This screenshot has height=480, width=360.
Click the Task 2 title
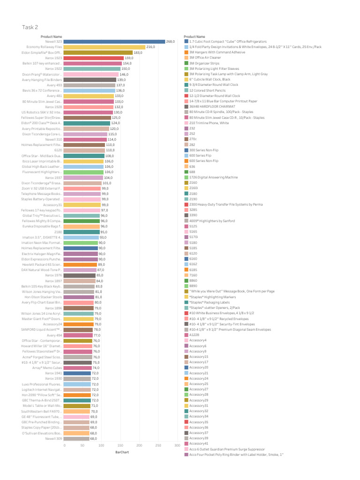click(30, 27)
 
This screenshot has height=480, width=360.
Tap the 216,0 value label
click(151, 47)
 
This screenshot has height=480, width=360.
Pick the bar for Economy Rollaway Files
click(104, 47)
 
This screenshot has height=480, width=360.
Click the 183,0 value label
click(138, 52)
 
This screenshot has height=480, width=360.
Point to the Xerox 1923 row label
click(53, 58)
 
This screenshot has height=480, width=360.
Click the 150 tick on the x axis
click(120, 445)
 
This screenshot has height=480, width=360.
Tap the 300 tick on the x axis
click(177, 445)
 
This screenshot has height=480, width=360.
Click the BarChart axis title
click(121, 452)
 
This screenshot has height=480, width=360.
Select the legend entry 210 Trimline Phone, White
click(209, 123)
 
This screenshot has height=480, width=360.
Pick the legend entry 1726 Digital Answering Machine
click(213, 177)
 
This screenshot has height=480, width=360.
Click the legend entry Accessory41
click(199, 443)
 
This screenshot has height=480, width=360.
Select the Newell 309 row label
click(53, 438)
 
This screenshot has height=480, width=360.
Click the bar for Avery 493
click(89, 85)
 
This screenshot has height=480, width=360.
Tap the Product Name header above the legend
click(195, 37)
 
